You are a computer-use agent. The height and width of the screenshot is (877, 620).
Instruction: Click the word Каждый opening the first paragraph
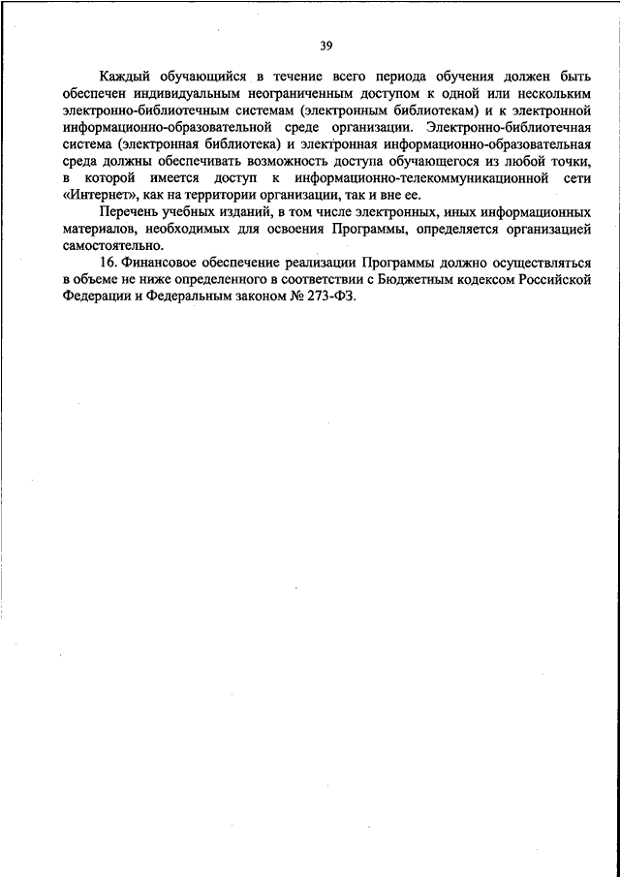[x=126, y=76]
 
